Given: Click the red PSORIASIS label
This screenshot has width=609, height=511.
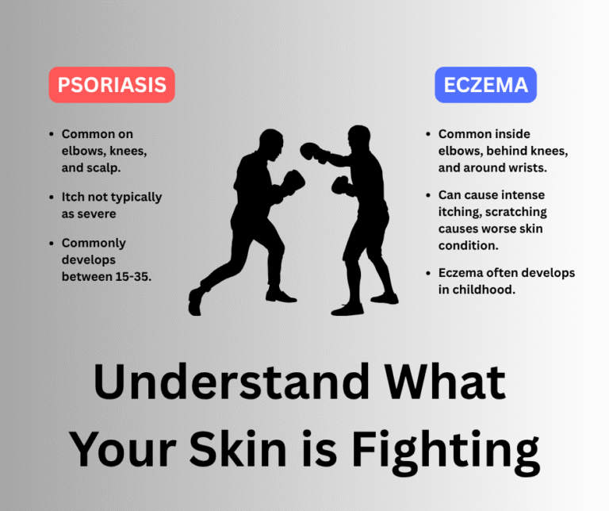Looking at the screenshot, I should [111, 85].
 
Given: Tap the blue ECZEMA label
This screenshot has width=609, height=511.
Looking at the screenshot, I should [485, 85].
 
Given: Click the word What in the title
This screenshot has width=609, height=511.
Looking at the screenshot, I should [458, 382].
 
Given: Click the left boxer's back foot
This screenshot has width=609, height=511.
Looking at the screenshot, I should [196, 302].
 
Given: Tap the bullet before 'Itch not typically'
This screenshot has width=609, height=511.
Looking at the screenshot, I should [52, 197].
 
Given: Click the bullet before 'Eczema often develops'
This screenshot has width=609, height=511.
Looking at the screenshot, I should [428, 273].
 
